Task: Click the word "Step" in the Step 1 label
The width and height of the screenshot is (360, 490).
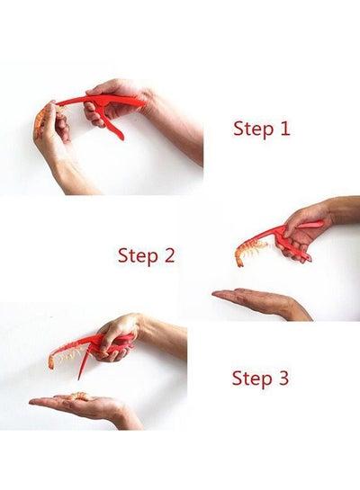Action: point(253,129)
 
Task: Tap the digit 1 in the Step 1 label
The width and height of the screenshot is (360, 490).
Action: point(285,128)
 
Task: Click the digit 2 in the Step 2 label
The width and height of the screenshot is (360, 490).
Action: point(168,255)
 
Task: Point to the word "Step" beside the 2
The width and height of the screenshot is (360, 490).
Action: point(138,256)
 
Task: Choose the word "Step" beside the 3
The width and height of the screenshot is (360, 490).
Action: point(252,379)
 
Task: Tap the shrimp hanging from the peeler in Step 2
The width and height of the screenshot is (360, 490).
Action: point(248,251)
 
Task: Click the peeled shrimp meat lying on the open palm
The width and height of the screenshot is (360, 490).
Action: point(79,396)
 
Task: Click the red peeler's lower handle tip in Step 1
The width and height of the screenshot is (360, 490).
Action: point(121,136)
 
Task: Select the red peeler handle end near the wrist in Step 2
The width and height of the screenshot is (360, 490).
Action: point(319,223)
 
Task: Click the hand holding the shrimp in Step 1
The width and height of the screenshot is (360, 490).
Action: point(51,138)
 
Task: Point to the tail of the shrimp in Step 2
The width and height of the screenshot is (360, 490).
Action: point(239,261)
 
